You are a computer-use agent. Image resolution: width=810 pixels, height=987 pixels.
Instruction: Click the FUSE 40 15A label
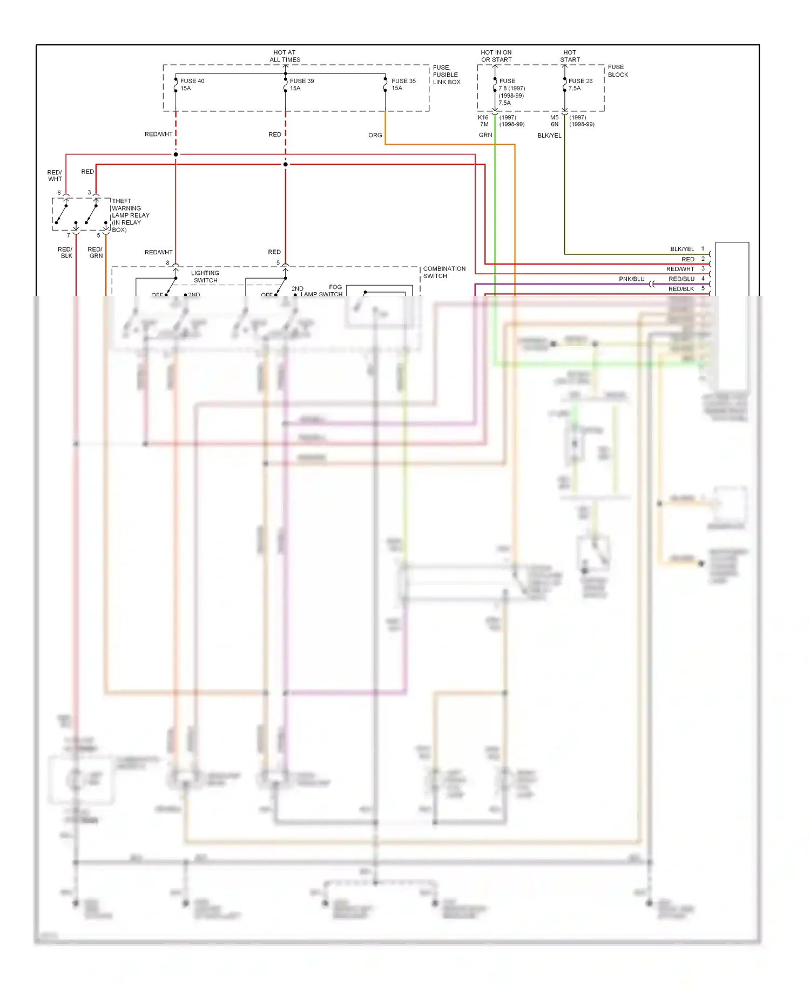pos(192,85)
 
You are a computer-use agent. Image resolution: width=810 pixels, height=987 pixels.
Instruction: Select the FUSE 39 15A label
pos(301,85)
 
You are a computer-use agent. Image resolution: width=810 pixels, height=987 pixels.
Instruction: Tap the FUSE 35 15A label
pos(403,85)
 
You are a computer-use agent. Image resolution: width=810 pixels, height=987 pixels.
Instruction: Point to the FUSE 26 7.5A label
pos(580,85)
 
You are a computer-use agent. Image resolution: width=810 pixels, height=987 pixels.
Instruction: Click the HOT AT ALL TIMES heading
pos(285,56)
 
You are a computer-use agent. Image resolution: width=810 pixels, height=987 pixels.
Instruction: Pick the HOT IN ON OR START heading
pos(496,56)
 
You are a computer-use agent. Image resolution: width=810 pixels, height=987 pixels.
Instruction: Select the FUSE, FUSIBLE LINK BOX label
pos(446,75)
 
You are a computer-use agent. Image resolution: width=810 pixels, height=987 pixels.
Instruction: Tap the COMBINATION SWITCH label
pos(444,272)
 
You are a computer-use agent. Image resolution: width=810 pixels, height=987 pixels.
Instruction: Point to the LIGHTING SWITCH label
pos(205,276)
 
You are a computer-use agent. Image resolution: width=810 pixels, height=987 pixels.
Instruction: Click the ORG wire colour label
pos(375,136)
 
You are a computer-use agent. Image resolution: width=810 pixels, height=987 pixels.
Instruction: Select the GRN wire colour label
pos(485,135)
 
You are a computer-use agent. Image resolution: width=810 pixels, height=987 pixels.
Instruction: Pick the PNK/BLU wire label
pos(631,279)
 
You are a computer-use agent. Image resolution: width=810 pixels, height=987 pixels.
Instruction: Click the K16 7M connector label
pos(483,121)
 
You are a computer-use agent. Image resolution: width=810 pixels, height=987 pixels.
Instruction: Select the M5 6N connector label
pos(555,121)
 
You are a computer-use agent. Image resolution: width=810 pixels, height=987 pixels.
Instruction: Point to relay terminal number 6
pos(59,193)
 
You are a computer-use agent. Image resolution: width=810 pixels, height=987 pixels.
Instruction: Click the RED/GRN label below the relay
pos(95,253)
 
